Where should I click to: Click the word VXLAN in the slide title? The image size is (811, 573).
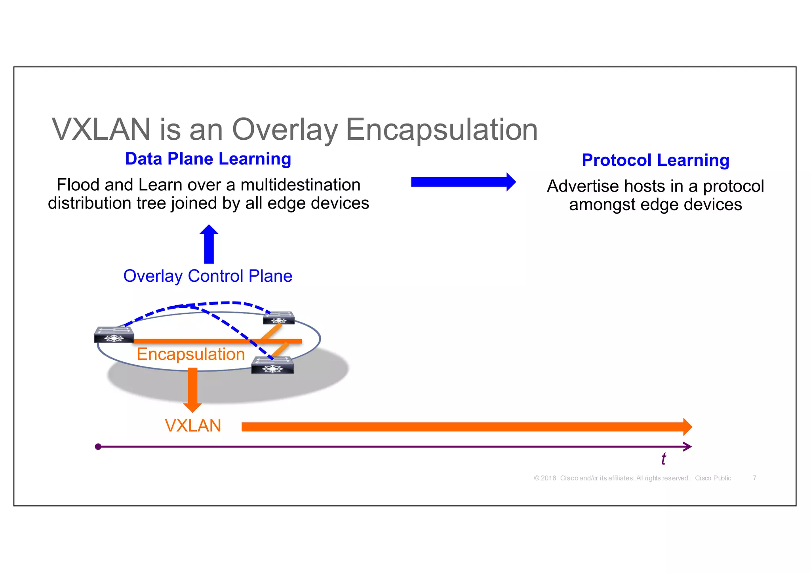click(101, 129)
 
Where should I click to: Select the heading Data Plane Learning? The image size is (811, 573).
click(208, 159)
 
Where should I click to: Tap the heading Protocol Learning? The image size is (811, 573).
click(655, 160)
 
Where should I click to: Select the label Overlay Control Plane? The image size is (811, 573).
click(208, 276)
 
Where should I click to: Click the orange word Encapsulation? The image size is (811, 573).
click(190, 354)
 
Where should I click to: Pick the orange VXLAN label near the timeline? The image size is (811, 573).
click(193, 426)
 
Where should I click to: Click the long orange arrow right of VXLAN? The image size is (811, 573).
click(463, 427)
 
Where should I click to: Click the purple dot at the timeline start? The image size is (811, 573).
click(98, 447)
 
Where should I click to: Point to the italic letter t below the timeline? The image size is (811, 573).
click(664, 459)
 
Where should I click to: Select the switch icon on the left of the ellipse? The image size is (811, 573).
click(114, 335)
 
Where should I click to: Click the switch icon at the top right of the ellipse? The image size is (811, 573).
click(279, 318)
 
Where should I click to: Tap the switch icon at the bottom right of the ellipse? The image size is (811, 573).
click(273, 365)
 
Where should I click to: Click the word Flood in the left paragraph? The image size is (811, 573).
click(78, 185)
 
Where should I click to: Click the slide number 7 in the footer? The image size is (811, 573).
click(755, 478)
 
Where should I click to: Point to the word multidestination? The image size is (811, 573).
click(301, 185)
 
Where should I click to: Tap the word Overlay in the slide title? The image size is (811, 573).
click(285, 129)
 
